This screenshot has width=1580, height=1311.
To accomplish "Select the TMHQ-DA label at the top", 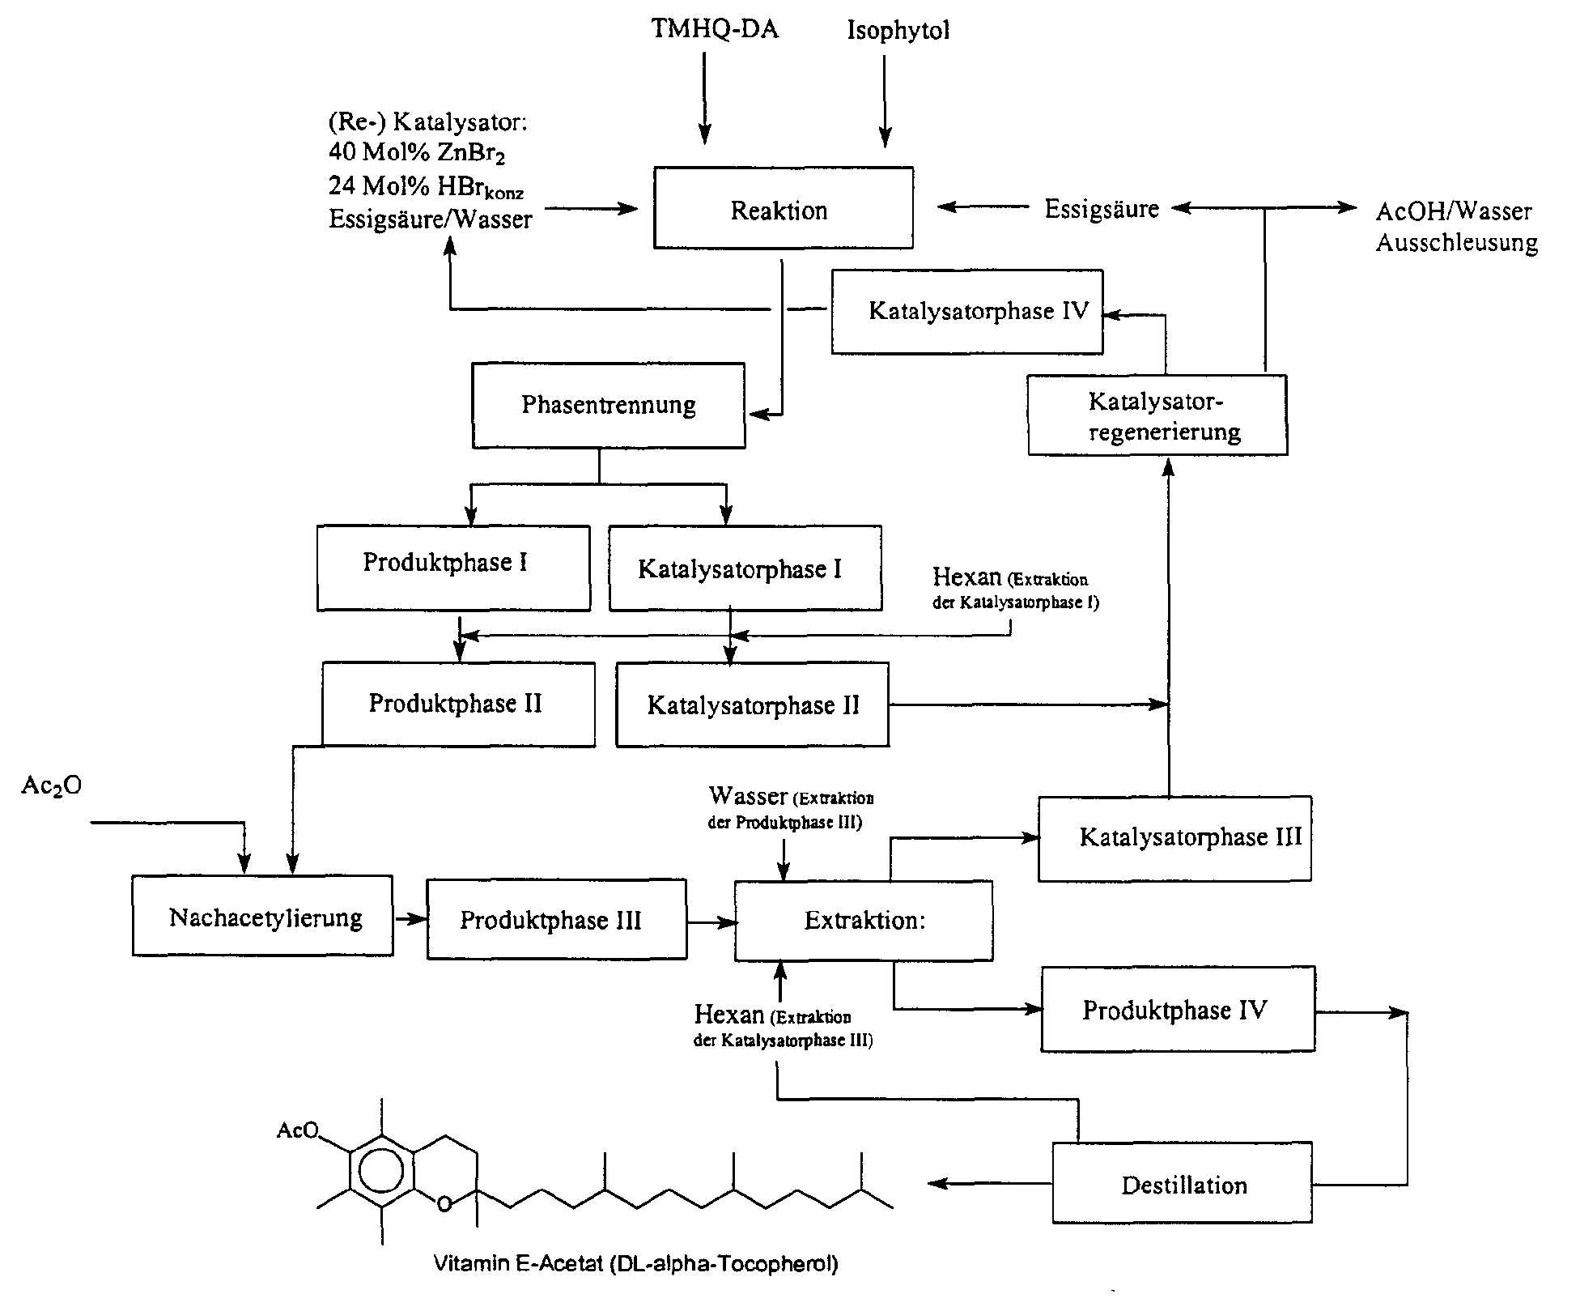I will pyautogui.click(x=714, y=30).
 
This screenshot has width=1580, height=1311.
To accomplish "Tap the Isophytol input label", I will pyautogui.click(x=898, y=31).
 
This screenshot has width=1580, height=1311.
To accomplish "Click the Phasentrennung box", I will pyautogui.click(x=608, y=405).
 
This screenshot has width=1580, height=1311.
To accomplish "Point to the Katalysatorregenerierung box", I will pyautogui.click(x=1157, y=415).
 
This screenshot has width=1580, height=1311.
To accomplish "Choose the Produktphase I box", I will pyautogui.click(x=452, y=567).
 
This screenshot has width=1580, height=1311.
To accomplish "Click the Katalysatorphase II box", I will pyautogui.click(x=752, y=704).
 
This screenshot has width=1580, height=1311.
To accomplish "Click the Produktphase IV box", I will pyautogui.click(x=1177, y=1009).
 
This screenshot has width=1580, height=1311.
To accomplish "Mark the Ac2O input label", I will pyautogui.click(x=51, y=785).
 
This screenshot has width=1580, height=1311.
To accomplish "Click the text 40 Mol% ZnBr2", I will pyautogui.click(x=416, y=152).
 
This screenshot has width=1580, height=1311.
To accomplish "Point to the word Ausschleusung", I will pyautogui.click(x=1456, y=243).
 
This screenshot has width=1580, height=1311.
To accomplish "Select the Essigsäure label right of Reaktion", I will pyautogui.click(x=1101, y=209).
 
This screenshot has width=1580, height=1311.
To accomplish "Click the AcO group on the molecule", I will pyautogui.click(x=298, y=1130).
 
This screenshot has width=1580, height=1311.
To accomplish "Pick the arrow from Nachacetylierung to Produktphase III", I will pyautogui.click(x=410, y=918).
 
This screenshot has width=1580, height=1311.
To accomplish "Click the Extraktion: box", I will pyautogui.click(x=863, y=920).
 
